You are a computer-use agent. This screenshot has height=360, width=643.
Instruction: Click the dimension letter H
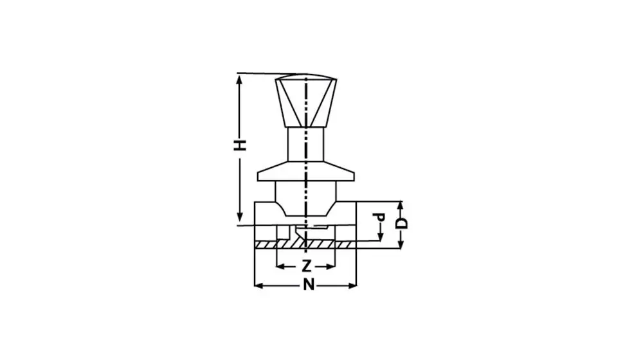click(x=240, y=145)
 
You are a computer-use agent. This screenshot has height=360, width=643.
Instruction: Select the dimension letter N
click(x=309, y=285)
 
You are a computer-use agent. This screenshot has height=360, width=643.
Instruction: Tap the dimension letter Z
click(x=306, y=266)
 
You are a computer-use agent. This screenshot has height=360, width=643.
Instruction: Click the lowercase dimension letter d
click(x=380, y=217)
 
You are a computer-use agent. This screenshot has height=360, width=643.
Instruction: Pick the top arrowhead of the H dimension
click(x=240, y=80)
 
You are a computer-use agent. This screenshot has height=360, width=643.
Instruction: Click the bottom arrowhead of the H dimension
click(x=240, y=217)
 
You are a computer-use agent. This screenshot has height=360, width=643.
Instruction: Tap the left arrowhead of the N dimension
click(x=258, y=286)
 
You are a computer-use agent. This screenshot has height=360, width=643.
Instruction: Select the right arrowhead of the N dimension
click(x=352, y=286)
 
